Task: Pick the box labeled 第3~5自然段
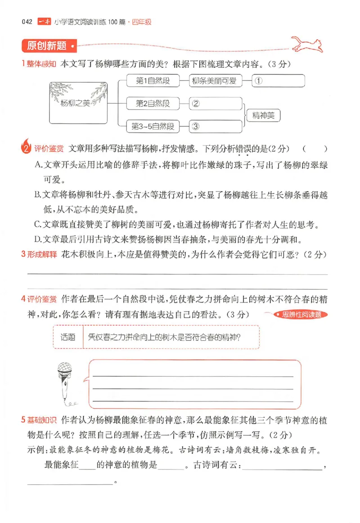pos(153,126)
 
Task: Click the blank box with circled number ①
pos(278,81)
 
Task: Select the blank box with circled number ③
pos(216,126)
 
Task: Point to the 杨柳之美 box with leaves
pos(77,103)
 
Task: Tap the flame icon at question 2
pos(26,147)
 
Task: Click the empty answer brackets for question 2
pos(315,149)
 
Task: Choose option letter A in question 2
pos(38,165)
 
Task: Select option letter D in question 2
pos(38,239)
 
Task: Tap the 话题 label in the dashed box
pos(68,337)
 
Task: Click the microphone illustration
pos(66,383)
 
